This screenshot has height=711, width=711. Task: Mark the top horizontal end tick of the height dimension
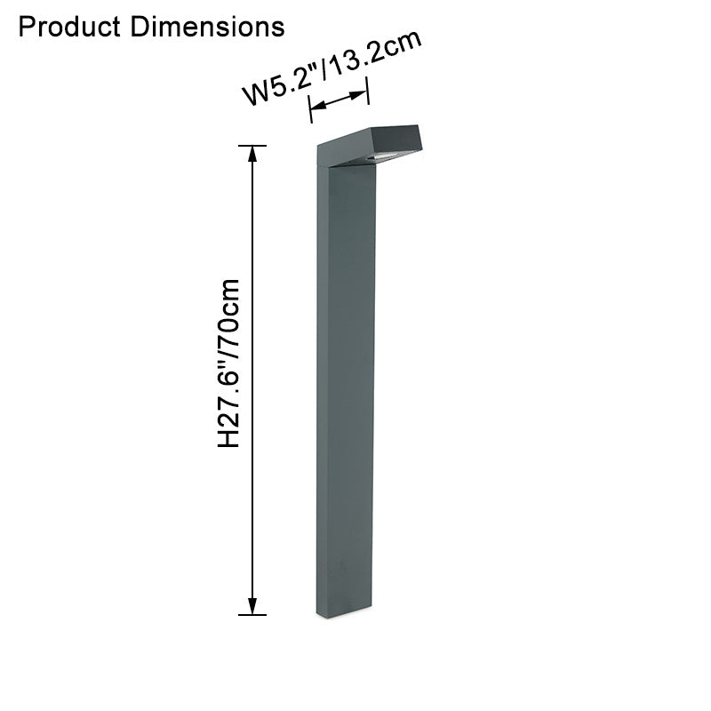click(253, 145)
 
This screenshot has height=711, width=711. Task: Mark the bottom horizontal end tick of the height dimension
click(253, 614)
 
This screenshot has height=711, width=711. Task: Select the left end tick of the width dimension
click(309, 110)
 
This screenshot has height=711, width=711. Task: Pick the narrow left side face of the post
click(321, 391)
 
